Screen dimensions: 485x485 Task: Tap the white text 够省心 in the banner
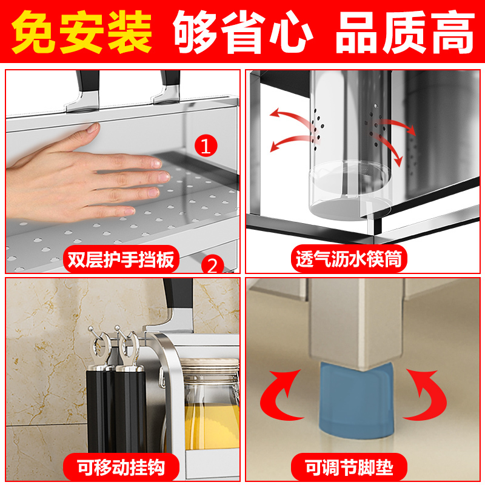pos(243,32)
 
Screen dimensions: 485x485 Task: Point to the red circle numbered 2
pos(212,264)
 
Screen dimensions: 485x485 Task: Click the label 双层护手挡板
pos(121,260)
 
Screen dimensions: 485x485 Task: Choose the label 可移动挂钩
pos(122,467)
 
